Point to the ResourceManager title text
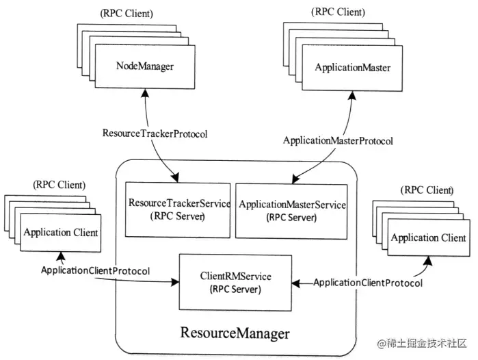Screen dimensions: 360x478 click(235, 333)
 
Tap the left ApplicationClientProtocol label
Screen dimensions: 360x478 click(95, 270)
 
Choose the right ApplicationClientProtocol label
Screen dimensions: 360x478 click(367, 282)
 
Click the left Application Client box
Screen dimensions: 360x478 click(61, 233)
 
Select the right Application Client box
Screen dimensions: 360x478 click(429, 238)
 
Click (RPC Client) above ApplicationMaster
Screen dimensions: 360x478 click(338, 12)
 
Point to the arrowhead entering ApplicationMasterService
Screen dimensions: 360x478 click(293, 181)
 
